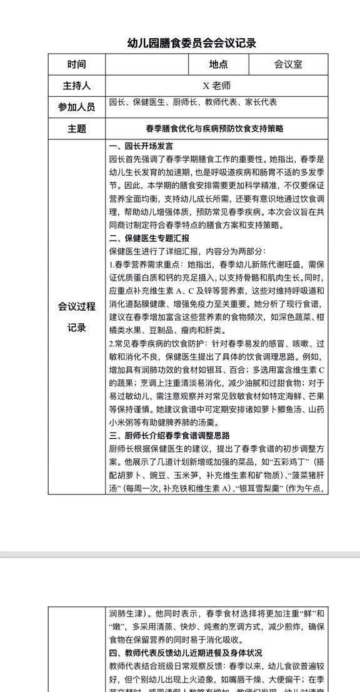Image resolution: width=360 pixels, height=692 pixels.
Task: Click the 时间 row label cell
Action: point(76,64)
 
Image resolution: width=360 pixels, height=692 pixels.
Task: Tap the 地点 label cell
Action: point(218,64)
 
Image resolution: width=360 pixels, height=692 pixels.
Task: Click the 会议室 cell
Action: point(288,64)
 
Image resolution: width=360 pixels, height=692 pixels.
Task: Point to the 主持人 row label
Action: point(76,86)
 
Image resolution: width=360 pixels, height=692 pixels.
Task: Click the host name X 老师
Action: point(216,86)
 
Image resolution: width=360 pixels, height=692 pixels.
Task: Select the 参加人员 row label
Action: point(76,107)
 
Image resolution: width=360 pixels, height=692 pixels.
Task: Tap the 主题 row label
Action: point(76,129)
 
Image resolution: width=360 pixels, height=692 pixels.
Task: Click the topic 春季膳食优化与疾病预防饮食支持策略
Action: point(214,129)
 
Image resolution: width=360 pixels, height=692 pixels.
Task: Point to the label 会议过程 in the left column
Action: point(76,306)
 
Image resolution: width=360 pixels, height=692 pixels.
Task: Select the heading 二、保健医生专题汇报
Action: point(149,238)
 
